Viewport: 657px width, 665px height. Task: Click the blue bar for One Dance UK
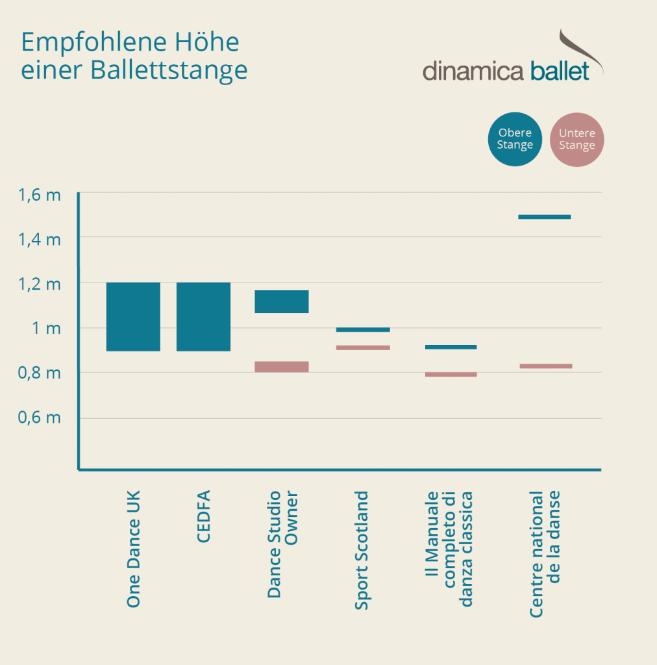tap(133, 317)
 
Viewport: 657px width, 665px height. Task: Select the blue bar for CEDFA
tap(204, 317)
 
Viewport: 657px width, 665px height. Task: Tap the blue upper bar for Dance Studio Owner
tap(281, 301)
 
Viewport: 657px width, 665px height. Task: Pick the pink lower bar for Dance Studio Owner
tap(281, 367)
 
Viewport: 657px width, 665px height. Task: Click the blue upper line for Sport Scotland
tap(363, 330)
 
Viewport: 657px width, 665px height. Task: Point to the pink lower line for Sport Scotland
tap(363, 348)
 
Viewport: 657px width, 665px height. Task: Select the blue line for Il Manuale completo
tap(451, 347)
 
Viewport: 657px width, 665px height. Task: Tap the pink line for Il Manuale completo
tap(451, 375)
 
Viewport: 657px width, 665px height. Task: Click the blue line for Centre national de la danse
tap(544, 217)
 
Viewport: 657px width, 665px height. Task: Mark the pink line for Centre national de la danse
tap(545, 366)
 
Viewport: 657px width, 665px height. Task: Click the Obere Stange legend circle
tap(515, 139)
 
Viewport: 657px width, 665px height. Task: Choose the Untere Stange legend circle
tap(576, 139)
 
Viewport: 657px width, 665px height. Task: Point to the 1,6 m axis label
tap(40, 195)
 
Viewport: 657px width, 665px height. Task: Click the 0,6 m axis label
tap(40, 418)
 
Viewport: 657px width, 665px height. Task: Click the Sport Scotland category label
tap(362, 550)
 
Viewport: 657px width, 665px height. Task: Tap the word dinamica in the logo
tap(473, 71)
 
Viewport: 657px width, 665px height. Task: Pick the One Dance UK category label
tap(134, 549)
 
